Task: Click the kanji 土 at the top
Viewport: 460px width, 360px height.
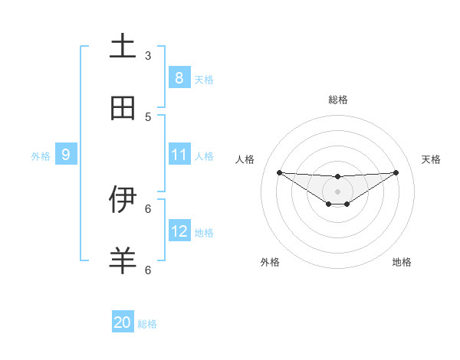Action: (x=123, y=47)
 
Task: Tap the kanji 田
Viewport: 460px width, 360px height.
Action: (x=123, y=108)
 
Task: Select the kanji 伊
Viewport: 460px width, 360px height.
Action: (x=123, y=199)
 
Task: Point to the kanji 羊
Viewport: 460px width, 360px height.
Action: (x=123, y=261)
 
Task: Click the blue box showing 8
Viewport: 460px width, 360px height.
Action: (x=179, y=77)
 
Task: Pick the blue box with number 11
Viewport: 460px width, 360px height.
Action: (x=179, y=155)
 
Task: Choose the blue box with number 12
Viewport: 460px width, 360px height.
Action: (x=179, y=231)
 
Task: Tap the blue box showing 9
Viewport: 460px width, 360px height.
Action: (x=66, y=155)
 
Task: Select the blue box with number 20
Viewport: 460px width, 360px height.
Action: (x=123, y=322)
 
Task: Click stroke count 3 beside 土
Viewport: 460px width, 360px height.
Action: (x=148, y=55)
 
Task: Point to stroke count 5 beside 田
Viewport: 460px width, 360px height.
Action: (x=148, y=116)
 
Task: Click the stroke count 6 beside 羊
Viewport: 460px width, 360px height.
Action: (x=148, y=270)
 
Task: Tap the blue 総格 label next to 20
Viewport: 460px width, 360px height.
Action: (x=147, y=324)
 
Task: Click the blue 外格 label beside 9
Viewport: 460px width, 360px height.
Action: (x=41, y=155)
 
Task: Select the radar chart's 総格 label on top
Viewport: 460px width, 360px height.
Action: (x=338, y=100)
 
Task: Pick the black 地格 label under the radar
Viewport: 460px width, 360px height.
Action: (x=402, y=262)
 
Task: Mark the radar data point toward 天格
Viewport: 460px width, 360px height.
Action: (x=396, y=172)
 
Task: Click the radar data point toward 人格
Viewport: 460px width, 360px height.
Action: (x=279, y=172)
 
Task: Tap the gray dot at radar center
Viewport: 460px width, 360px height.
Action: (x=337, y=191)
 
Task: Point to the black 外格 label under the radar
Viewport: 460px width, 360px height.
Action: (x=270, y=262)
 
